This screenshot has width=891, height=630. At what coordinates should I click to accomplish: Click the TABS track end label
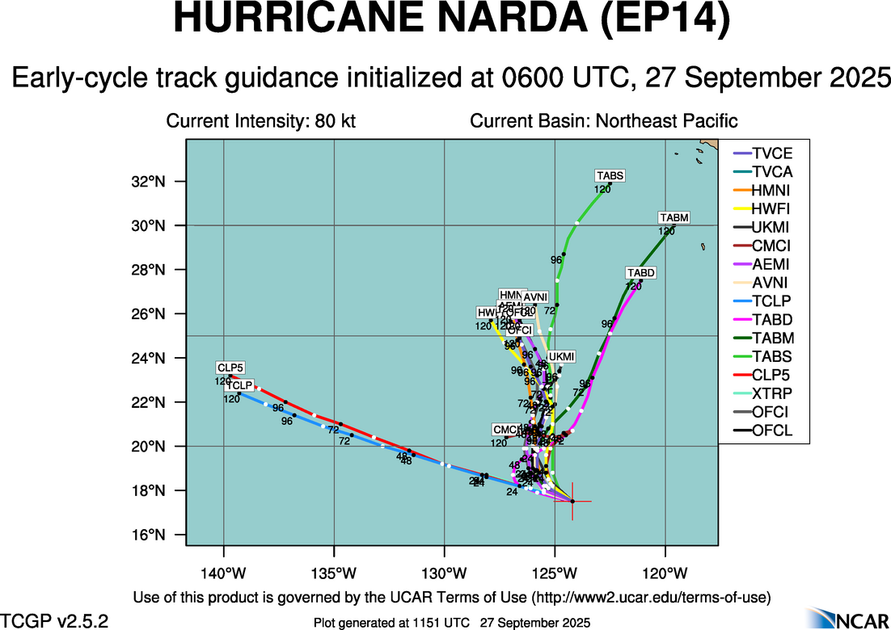coord(610,175)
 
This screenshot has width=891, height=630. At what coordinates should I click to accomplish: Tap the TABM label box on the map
coord(674,218)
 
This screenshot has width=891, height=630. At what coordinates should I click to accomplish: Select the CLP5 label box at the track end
coord(230,367)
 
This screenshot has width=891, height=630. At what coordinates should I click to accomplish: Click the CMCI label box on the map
coord(508,429)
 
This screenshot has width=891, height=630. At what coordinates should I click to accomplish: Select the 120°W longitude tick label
coord(665,574)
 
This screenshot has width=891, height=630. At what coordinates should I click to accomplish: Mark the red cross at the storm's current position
coord(572,502)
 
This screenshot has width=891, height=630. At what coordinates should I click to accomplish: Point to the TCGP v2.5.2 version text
coord(55,621)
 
